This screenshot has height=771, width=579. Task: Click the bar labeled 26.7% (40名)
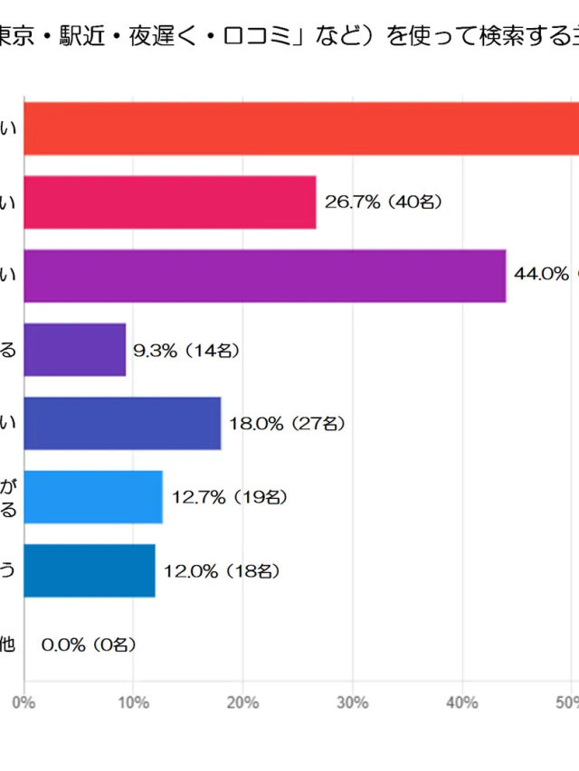coord(170,202)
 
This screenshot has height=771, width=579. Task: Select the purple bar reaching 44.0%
coord(264,275)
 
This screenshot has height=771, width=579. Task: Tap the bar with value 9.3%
coord(75,349)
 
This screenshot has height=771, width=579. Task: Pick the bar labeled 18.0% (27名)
coord(122,423)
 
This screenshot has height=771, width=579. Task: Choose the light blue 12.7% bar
coord(93,496)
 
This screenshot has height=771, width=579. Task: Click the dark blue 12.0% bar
coord(90,570)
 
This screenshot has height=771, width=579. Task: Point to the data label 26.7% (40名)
coord(383,202)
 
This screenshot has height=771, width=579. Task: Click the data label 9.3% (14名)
coord(185,350)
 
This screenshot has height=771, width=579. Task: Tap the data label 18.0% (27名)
coord(287,423)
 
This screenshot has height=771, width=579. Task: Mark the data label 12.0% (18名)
coord(222,571)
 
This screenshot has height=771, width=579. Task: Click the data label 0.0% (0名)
coord(90,644)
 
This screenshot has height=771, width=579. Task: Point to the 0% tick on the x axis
coord(24,701)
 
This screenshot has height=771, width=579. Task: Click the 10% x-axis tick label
coord(134,701)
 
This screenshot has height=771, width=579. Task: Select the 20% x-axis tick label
coord(243,701)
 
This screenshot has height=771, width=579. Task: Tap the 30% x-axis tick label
coord(354,701)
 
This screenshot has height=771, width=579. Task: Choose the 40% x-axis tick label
coord(463,701)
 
